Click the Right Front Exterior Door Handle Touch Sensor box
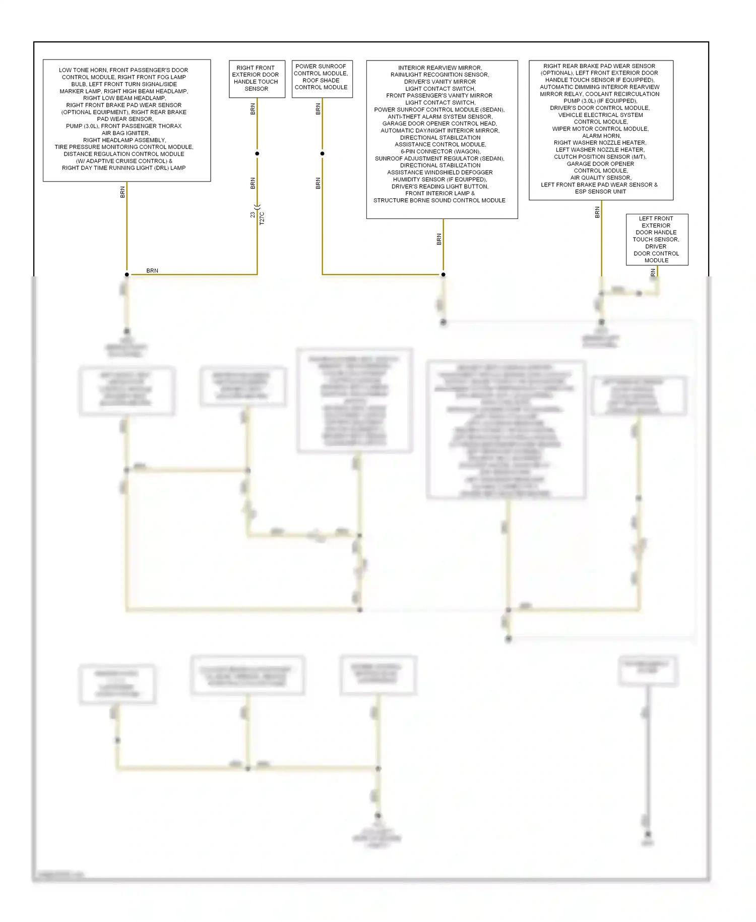click(x=257, y=79)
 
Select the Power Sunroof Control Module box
click(x=322, y=78)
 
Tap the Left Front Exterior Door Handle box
click(x=656, y=240)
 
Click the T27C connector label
click(x=262, y=218)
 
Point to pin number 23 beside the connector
click(x=253, y=215)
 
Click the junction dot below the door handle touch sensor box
click(x=257, y=153)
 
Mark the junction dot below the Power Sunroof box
click(x=322, y=153)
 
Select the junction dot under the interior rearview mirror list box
click(x=443, y=274)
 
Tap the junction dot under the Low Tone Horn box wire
click(x=127, y=274)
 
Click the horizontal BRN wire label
click(x=152, y=271)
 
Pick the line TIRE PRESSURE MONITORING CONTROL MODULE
click(x=124, y=147)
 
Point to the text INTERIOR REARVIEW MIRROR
click(x=440, y=68)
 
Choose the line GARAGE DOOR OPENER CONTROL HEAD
click(x=439, y=124)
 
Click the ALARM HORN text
click(x=601, y=136)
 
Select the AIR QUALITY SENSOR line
click(x=601, y=178)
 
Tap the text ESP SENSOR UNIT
click(x=600, y=192)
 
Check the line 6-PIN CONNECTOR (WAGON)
click(x=440, y=151)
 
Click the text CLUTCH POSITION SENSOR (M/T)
click(x=600, y=157)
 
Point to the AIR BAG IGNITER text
click(x=125, y=133)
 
